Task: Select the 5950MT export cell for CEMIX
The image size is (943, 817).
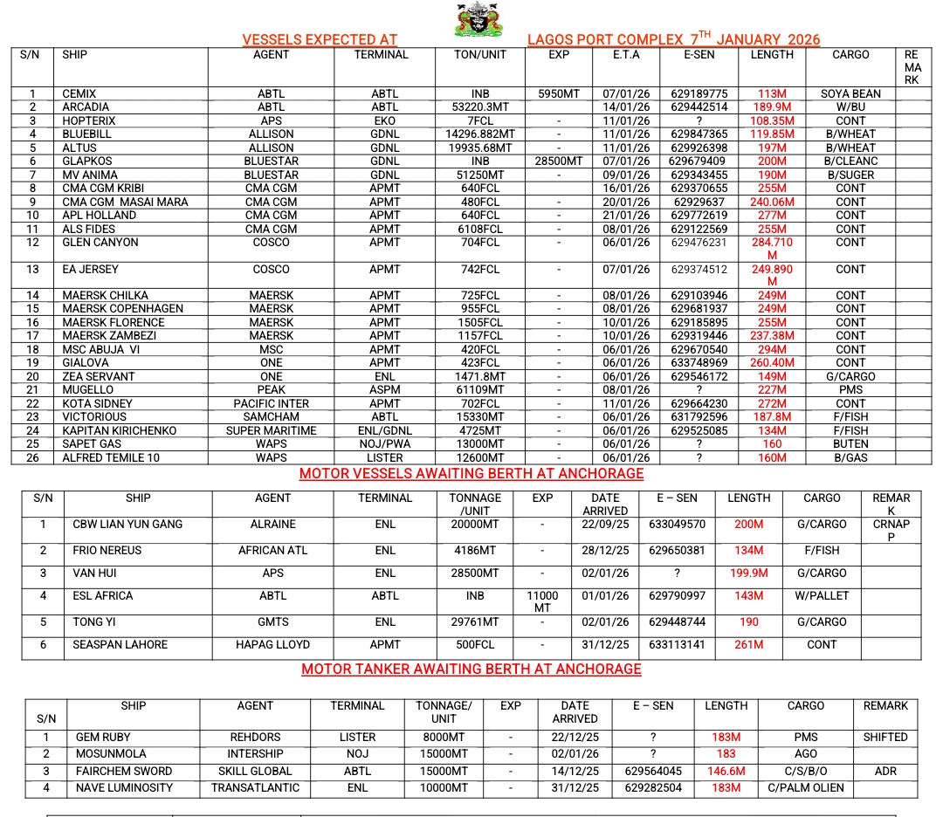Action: [x=559, y=93]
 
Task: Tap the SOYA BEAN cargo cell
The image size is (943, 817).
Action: [x=850, y=93]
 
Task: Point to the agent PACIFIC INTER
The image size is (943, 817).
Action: [x=271, y=403]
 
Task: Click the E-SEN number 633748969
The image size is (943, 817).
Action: [x=699, y=363]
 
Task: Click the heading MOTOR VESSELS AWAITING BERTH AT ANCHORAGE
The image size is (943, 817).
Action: [x=471, y=474]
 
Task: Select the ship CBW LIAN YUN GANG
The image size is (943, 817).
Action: [x=128, y=525]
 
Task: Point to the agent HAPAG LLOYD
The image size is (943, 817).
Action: [x=272, y=645]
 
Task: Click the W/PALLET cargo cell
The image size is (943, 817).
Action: [x=822, y=596]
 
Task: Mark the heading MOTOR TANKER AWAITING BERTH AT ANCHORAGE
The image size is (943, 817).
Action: [x=471, y=669]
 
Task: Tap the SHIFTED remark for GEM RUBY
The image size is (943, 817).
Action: [x=885, y=737]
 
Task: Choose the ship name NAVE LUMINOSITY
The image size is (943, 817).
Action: [x=124, y=787]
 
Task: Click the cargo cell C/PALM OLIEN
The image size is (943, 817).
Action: [x=806, y=787]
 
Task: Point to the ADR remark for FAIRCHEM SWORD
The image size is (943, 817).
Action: [x=885, y=771]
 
